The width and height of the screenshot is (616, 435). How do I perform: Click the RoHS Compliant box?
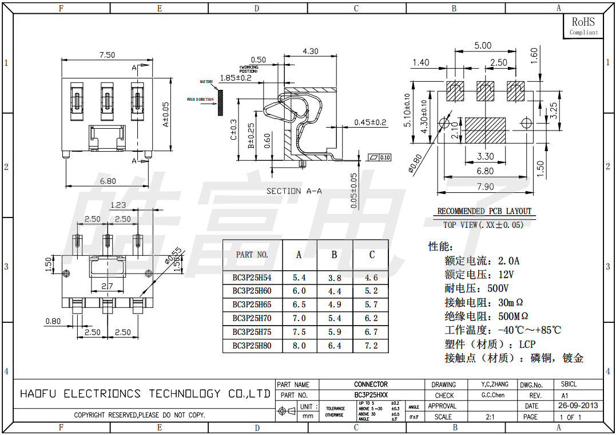[583, 26]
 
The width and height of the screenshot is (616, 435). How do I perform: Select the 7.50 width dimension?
[107, 55]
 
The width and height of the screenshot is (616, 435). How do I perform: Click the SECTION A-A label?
[294, 191]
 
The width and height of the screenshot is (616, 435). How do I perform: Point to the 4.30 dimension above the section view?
[310, 51]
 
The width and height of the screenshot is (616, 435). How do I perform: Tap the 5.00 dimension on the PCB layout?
[483, 46]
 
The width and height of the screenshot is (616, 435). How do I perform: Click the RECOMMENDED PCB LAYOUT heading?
[484, 211]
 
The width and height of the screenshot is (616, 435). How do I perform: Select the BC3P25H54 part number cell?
[252, 278]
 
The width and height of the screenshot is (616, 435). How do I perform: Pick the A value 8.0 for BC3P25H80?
[299, 346]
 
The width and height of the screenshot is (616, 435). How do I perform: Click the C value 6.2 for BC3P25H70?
[371, 318]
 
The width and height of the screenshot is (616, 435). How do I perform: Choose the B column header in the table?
[335, 255]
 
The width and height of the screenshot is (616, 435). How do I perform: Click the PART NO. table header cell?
[252, 255]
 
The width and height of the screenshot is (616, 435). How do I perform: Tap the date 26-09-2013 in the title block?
[578, 406]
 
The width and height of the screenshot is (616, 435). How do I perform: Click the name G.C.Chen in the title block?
[492, 395]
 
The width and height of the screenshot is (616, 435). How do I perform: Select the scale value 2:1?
[490, 417]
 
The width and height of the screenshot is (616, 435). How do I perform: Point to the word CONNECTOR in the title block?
[371, 385]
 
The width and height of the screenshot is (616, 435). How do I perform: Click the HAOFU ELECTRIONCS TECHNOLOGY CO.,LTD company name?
[145, 394]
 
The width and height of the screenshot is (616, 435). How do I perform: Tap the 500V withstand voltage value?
[497, 288]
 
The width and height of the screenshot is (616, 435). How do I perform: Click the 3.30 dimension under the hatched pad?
[485, 156]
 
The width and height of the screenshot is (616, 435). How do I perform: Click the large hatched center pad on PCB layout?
[486, 130]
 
